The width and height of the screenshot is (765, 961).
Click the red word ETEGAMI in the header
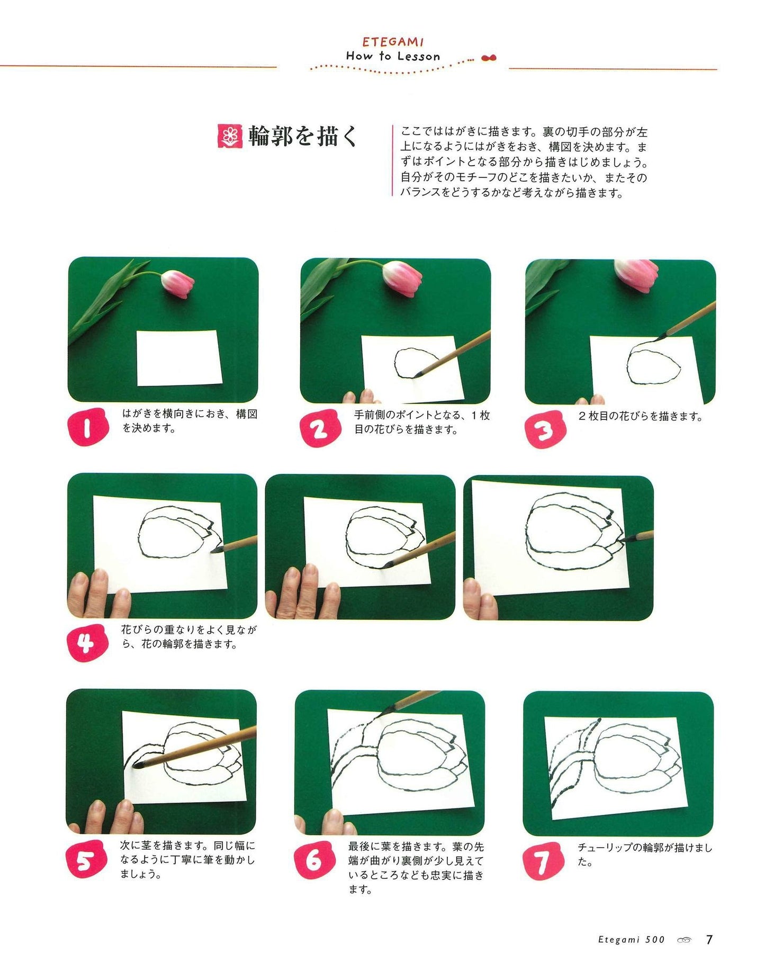[x=393, y=42]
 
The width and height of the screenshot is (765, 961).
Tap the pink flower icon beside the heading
[x=230, y=136]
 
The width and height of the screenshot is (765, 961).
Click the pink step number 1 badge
[x=88, y=428]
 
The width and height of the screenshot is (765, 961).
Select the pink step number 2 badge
[x=319, y=428]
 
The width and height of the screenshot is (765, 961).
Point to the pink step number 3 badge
[x=545, y=429]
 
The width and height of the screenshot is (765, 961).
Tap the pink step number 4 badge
[x=87, y=643]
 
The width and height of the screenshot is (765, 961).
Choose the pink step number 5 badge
[x=86, y=860]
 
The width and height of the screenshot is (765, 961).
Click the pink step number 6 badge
[x=314, y=860]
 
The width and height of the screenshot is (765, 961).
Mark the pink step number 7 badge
[x=542, y=861]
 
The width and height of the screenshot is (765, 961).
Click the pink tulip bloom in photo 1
[x=177, y=284]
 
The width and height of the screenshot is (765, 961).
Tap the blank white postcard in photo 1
[x=179, y=358]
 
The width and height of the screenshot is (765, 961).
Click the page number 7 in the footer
[x=709, y=940]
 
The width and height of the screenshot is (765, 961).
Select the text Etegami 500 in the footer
[x=631, y=940]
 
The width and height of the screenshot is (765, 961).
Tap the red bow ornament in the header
[x=489, y=58]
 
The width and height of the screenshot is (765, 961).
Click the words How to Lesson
[x=393, y=56]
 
